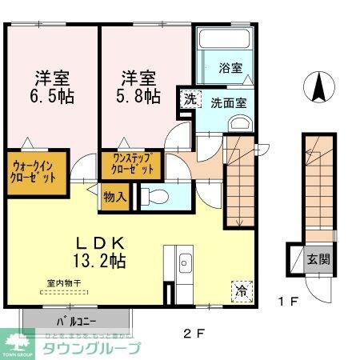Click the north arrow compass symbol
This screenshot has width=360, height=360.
(318, 87)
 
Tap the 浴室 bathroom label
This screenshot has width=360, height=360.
(230, 68)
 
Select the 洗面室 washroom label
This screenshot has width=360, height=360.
(228, 102)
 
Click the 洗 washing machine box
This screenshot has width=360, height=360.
(190, 99)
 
